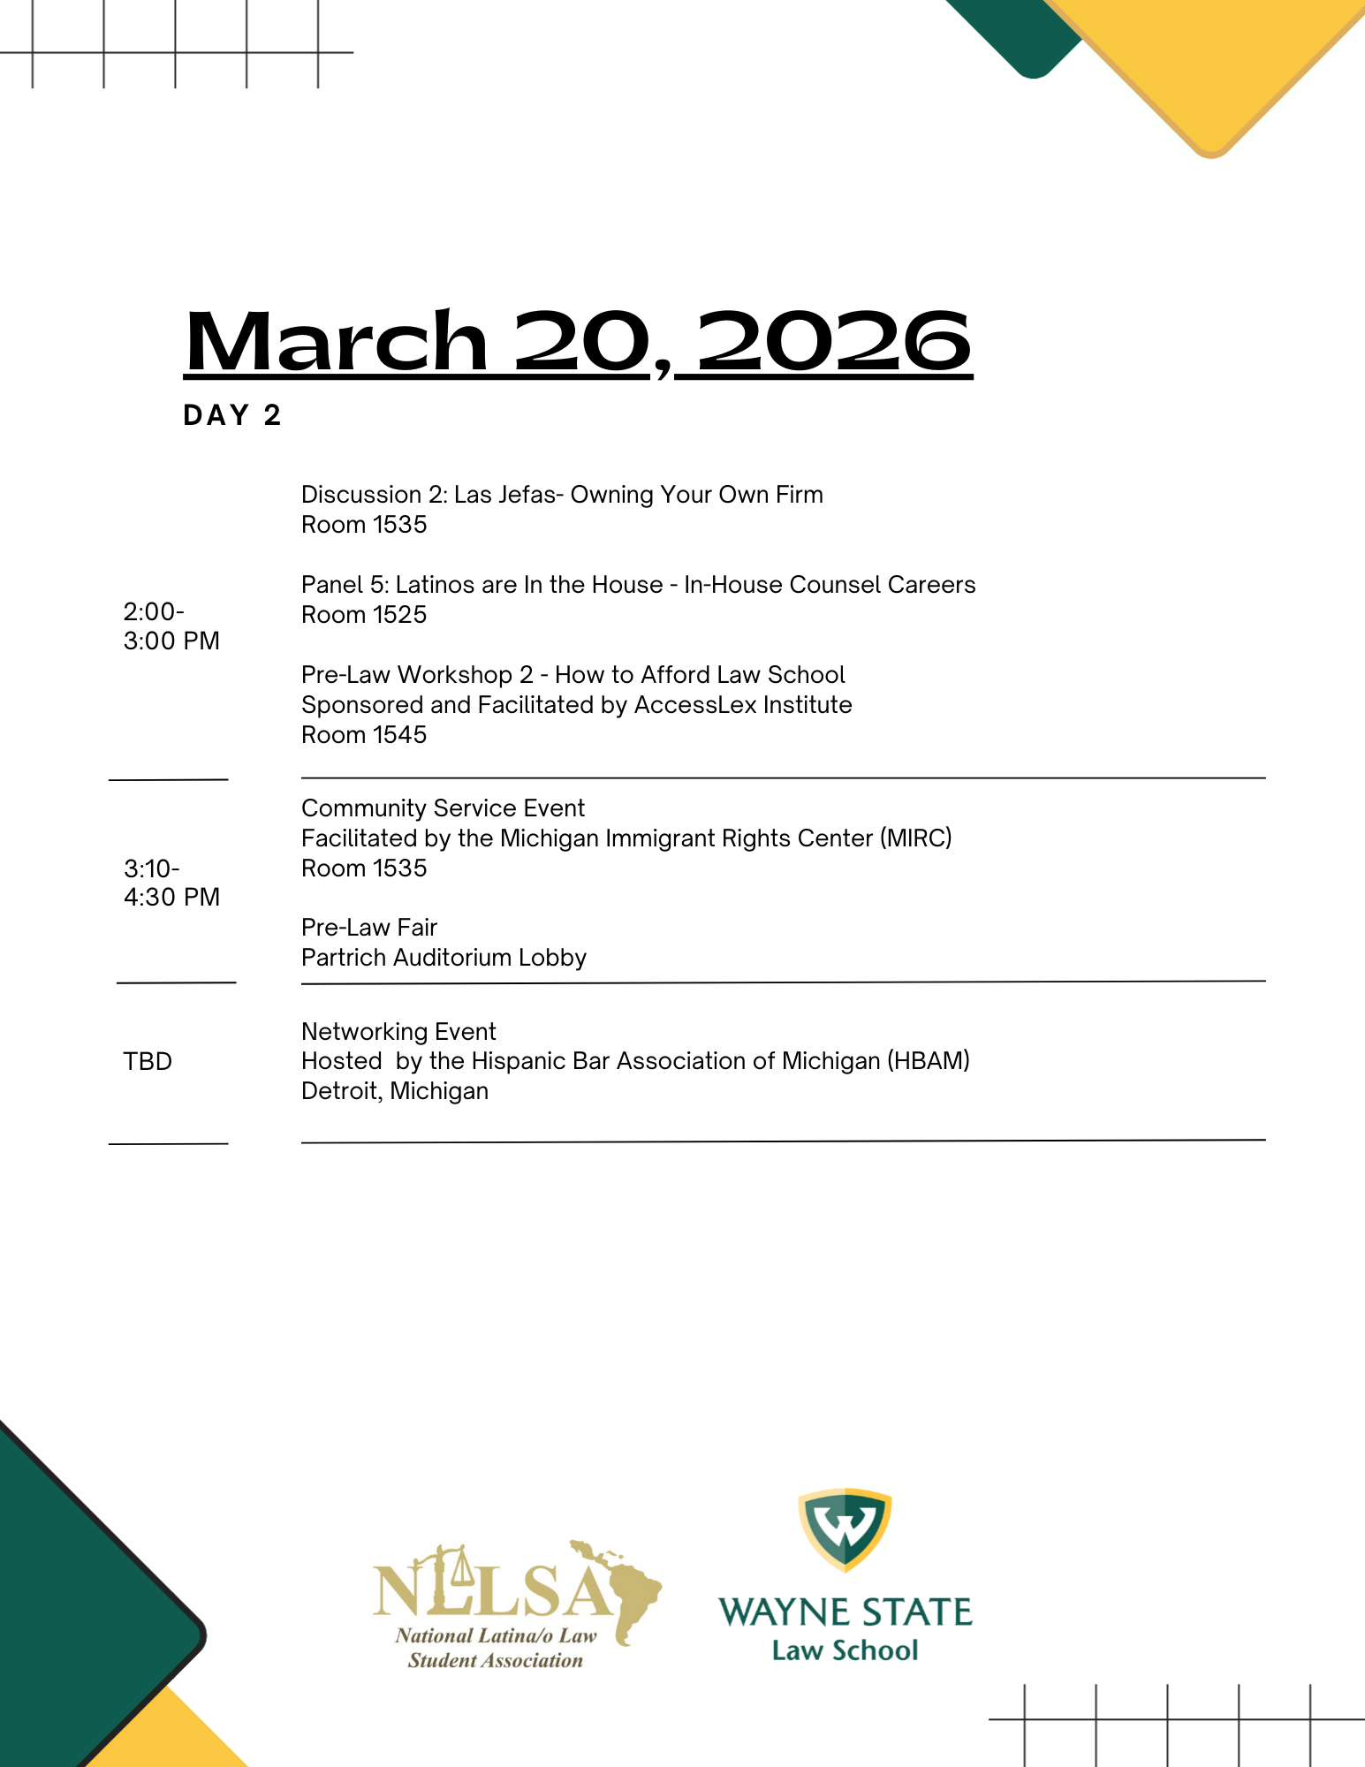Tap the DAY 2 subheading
pos(231,415)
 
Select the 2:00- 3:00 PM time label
pos(171,626)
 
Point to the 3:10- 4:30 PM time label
pos(171,882)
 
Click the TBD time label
pos(148,1061)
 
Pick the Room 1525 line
pos(363,615)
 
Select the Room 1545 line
pos(363,735)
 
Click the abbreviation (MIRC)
pos(915,838)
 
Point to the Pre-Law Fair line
pos(369,928)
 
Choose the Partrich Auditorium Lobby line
pos(444,958)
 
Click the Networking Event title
pos(398,1032)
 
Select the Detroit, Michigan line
pos(394,1091)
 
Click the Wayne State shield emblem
pos(845,1529)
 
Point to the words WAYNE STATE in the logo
pos(845,1612)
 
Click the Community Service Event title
pos(443,808)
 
